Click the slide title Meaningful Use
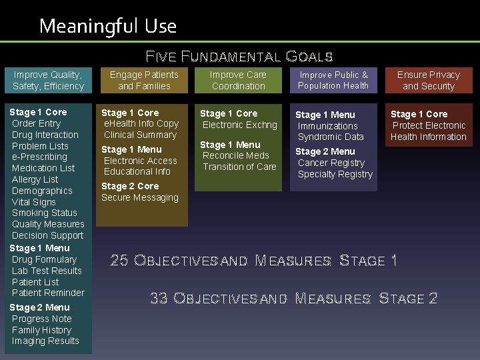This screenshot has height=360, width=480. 108,26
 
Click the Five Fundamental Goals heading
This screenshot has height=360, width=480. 239,56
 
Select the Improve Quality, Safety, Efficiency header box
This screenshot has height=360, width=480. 49,81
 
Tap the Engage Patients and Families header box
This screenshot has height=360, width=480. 144,81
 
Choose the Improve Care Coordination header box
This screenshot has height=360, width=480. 238,81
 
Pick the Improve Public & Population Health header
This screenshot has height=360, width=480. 333,81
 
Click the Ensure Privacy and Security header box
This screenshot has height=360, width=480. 429,81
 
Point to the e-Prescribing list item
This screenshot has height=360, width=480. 39,157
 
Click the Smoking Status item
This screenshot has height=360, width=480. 45,213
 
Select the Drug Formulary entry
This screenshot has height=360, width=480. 44,259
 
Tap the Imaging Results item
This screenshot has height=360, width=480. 45,341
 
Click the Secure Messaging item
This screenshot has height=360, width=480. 140,197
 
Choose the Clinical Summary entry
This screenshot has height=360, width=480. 140,135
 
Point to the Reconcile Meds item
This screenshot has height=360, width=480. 236,156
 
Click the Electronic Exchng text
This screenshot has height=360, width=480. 239,125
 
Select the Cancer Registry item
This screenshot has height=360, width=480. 331,163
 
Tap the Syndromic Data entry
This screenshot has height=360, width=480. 331,137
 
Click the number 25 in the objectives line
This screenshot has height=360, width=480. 119,261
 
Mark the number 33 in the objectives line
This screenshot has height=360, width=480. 159,299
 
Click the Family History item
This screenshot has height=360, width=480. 41,330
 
